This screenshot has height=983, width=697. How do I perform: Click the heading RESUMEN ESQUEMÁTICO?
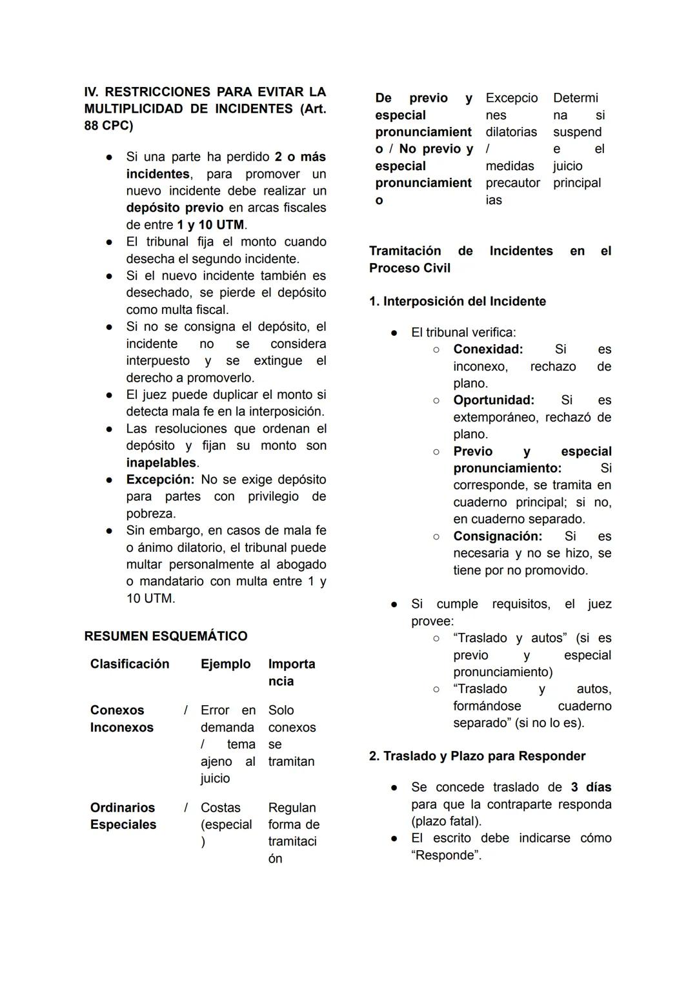click(x=165, y=636)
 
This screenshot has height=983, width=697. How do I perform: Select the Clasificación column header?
click(x=130, y=664)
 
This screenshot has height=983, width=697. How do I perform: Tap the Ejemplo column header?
click(x=225, y=664)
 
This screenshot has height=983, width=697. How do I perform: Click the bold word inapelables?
click(x=161, y=463)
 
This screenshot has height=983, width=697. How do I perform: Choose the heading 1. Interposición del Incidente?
click(x=457, y=302)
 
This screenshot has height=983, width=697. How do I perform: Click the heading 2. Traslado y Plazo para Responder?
click(x=477, y=756)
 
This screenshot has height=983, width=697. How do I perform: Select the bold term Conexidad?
click(x=488, y=349)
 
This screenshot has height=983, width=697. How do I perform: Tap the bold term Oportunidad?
click(x=494, y=400)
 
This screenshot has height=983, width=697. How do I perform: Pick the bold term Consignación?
click(x=498, y=536)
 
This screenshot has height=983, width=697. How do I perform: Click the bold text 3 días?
click(x=591, y=788)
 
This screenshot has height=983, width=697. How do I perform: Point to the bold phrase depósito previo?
click(x=174, y=208)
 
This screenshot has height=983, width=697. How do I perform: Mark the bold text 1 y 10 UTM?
click(x=210, y=225)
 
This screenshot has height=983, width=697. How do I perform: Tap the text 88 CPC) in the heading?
click(x=108, y=126)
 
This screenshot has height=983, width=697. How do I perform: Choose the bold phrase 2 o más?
click(x=300, y=157)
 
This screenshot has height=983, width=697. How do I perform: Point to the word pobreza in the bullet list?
click(x=150, y=514)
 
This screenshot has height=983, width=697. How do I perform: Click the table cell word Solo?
click(x=281, y=710)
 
